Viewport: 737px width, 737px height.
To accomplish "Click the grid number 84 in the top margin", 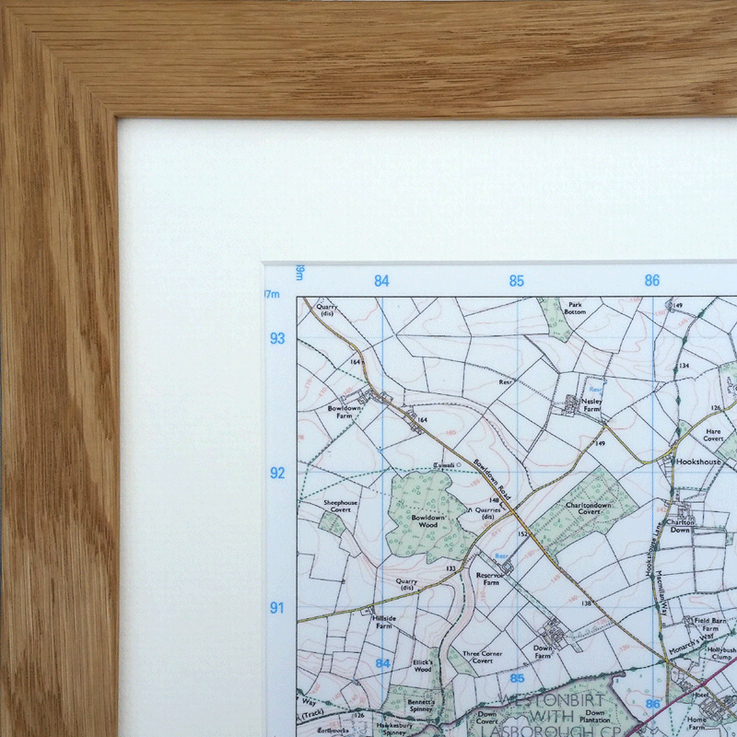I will [x=381, y=281].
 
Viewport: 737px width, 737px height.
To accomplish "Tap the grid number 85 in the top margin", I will [x=517, y=281].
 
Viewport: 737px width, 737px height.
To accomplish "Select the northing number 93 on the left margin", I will [x=277, y=338].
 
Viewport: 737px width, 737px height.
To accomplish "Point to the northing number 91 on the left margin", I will [x=276, y=608].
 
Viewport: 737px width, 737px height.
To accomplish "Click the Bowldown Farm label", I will [x=340, y=411].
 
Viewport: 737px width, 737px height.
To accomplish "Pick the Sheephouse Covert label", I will [x=339, y=506].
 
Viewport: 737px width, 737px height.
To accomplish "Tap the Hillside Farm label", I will [x=383, y=622].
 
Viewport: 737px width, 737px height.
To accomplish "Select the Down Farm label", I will [x=544, y=650].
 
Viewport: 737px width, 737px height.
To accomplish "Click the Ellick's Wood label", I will [x=423, y=666].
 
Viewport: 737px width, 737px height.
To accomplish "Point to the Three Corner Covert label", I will [x=482, y=657].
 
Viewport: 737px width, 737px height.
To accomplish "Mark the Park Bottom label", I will [x=576, y=309].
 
